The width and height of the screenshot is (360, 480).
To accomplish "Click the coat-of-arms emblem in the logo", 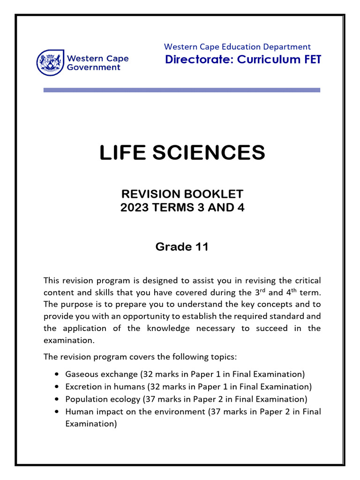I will point(50,62).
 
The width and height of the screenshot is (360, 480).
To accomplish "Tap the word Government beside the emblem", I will point(94,67).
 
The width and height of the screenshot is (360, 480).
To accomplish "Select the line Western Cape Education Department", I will point(237,46).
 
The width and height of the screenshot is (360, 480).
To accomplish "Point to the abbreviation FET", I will point(311,60).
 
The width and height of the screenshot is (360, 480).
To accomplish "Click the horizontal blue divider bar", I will point(182,90).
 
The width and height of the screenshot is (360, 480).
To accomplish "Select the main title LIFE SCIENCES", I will point(182,153).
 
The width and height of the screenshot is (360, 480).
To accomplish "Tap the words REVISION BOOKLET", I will point(182,194).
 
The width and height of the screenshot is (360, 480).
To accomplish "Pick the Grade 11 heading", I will point(182,247).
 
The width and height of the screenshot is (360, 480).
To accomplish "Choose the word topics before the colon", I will point(223,357).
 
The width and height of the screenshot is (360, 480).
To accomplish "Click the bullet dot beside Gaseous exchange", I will point(57,375).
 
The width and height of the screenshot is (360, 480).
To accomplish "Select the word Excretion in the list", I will point(82,387).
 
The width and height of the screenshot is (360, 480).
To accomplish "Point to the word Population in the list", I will point(84,399).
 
